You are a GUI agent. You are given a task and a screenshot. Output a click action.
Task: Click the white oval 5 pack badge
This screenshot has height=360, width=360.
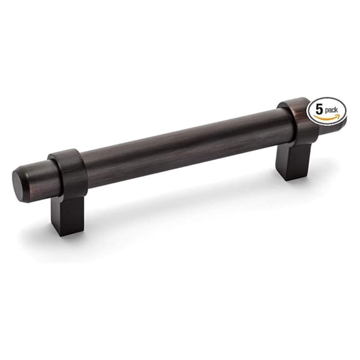tap(326, 111)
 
